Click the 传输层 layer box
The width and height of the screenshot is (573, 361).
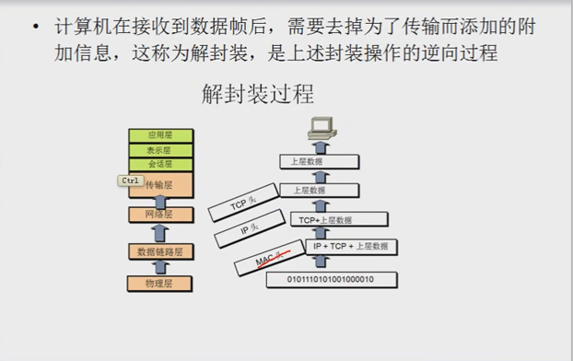pos(161,185)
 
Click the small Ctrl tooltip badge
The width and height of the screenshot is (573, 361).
pos(130,180)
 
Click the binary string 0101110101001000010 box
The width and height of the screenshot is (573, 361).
pos(332,278)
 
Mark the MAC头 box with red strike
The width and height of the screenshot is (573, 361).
pos(274,262)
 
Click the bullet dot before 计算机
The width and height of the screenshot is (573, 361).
pos(35,28)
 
